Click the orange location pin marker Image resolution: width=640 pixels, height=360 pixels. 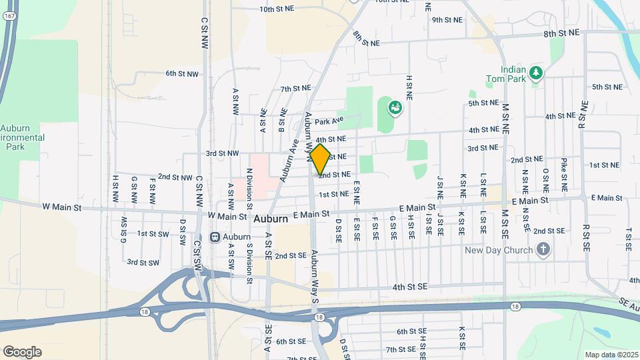[320, 159]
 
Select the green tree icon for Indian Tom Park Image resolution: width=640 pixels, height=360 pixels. [536, 72]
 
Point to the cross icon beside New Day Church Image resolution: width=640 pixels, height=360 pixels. [543, 250]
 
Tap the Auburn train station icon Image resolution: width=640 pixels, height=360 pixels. [215, 237]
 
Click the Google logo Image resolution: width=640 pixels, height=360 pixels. [22, 352]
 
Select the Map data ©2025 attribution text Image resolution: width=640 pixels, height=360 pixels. [611, 355]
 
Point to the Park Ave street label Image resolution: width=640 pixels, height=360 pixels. [329, 121]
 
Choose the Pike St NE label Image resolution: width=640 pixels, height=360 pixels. [564, 175]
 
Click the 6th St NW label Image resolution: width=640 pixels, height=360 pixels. [182, 73]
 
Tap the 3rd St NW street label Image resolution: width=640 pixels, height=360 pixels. [222, 153]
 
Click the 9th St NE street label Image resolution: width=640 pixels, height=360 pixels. [447, 20]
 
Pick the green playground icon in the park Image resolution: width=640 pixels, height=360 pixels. [394, 106]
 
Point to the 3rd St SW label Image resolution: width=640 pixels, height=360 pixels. [143, 263]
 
